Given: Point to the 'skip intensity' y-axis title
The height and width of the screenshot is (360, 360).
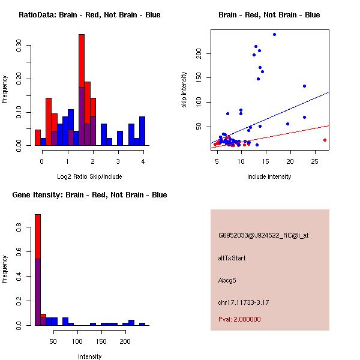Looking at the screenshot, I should [184, 90].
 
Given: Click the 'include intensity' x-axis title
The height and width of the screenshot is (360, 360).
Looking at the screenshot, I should [269, 176].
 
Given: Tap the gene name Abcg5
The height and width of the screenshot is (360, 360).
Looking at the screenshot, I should [228, 280].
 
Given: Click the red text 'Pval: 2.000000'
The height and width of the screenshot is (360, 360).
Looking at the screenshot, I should [239, 319].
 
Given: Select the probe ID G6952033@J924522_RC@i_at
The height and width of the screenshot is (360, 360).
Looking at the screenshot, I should [263, 236].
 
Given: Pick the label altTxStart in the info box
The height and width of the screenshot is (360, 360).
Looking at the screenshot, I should [232, 258].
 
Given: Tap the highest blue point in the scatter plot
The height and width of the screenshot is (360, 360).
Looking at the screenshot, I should [274, 34].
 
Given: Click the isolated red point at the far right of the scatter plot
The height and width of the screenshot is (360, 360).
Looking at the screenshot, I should [325, 140].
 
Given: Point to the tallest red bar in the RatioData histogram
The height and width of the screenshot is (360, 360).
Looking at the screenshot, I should [82, 60].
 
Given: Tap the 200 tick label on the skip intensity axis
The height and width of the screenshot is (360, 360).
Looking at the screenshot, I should [200, 53].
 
